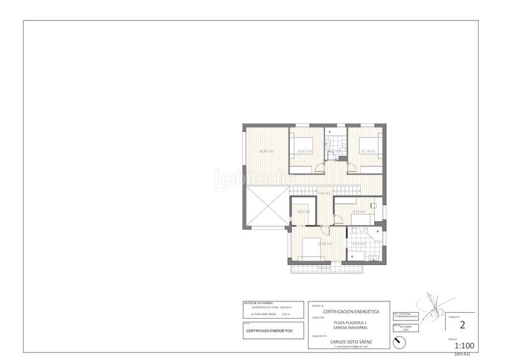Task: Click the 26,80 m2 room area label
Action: [266, 151]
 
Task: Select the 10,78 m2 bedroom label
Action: [368, 151]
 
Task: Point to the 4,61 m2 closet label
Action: [303, 212]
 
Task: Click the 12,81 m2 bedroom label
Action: [306, 243]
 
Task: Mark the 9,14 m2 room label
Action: [358, 212]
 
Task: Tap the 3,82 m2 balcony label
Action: [324, 268]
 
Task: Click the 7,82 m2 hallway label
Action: [323, 192]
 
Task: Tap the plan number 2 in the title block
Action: [463, 324]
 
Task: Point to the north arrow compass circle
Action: [399, 342]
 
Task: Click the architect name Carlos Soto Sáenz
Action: [347, 342]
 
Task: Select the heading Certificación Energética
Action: [347, 312]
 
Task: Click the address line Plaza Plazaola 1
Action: [347, 322]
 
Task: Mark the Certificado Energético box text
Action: [269, 331]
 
